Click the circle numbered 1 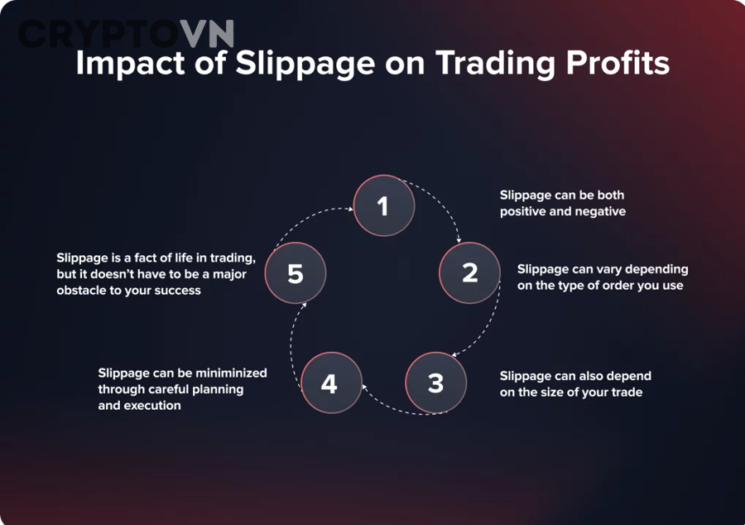coord(383,205)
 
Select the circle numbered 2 coord(469,272)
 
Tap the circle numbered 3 coord(435,383)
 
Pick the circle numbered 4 coord(330,383)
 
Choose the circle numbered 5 coord(296,273)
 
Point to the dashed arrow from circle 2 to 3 coord(491,327)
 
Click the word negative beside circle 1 coord(599,211)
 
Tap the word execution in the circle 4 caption coord(152,406)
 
